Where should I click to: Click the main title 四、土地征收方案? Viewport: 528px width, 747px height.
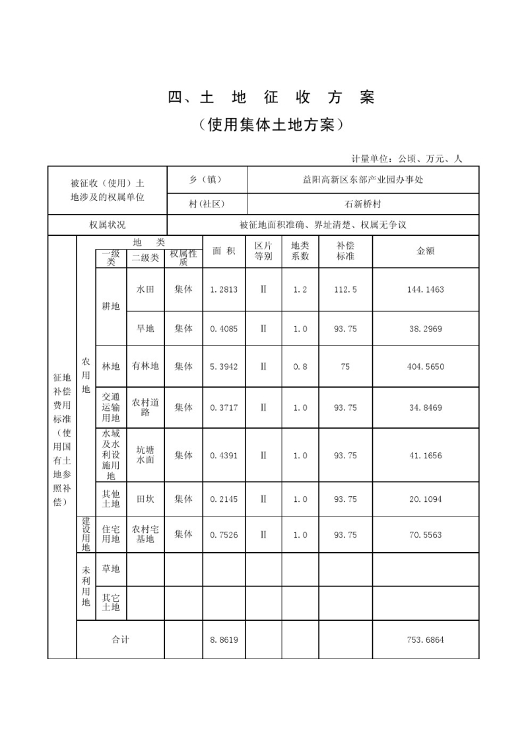tap(271, 98)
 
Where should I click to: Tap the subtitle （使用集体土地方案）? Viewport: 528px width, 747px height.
tap(271, 125)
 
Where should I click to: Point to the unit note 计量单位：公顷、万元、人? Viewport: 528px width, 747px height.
tap(407, 159)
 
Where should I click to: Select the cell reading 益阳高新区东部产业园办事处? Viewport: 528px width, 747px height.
tap(362, 180)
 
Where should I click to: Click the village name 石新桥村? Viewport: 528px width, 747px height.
tap(362, 204)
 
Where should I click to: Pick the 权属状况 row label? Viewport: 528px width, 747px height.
tap(108, 225)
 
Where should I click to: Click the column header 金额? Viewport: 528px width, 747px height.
tap(425, 251)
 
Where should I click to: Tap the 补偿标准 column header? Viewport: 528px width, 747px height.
tap(345, 251)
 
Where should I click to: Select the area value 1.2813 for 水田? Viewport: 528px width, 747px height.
tap(223, 289)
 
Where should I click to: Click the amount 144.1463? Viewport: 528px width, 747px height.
tap(426, 289)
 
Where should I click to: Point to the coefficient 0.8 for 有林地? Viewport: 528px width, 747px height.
tap(300, 367)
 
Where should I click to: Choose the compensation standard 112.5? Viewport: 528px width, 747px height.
tap(345, 289)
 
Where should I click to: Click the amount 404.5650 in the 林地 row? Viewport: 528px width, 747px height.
tap(426, 367)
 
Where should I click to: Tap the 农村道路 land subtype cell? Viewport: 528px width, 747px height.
tap(145, 408)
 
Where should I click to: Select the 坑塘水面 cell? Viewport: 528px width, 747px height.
tap(145, 455)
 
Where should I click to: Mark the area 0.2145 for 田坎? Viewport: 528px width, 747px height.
tap(223, 499)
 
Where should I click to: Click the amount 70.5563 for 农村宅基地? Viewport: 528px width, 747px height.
tap(426, 534)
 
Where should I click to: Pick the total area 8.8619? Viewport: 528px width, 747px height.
tap(223, 640)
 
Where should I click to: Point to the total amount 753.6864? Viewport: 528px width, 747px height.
tap(426, 640)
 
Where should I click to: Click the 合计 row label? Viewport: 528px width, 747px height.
tap(120, 640)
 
